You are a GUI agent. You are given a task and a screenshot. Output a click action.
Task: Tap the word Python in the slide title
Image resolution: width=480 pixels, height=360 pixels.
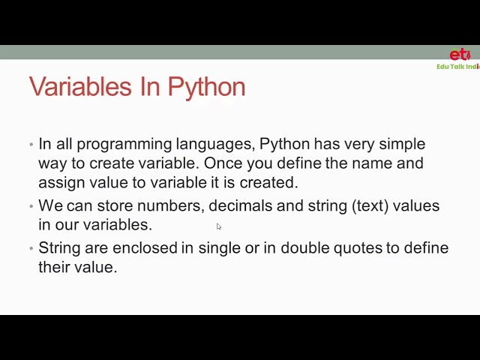206,87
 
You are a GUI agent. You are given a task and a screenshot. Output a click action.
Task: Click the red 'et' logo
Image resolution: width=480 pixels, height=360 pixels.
460,55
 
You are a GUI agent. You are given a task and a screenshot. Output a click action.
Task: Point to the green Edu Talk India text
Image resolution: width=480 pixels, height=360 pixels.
457,67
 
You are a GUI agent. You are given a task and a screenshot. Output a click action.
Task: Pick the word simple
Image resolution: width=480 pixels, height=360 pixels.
399,144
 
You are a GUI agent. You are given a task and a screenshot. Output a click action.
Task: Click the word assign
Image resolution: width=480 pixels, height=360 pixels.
58,182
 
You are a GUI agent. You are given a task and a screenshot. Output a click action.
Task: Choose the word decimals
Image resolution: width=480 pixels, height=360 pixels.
241,205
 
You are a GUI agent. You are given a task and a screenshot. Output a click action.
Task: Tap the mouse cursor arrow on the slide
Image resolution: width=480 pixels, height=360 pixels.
219,226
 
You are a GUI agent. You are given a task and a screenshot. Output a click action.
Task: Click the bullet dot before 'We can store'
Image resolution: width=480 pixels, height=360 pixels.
31,206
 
